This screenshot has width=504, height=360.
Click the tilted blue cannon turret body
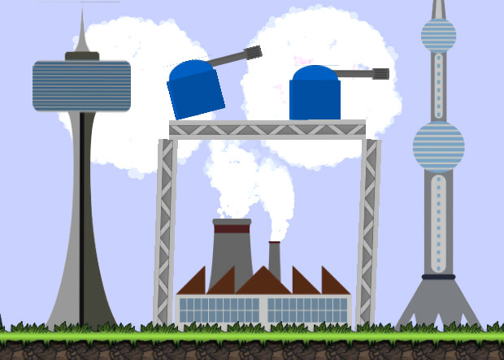tap(195, 91)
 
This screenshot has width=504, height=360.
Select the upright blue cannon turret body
tap(315, 96)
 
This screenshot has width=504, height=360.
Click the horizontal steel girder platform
tap(267, 129)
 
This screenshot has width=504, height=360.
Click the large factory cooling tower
tap(232, 256)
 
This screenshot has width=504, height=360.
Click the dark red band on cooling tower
tap(232, 228)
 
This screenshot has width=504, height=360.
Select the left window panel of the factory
tap(219, 310)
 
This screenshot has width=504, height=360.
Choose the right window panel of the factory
tap(307, 310)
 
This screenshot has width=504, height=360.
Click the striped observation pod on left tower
tap(81, 85)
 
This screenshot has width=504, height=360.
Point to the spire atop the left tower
tap(81, 33)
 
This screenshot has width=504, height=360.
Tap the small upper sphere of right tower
tap(438, 35)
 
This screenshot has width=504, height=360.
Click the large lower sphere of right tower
tap(438, 146)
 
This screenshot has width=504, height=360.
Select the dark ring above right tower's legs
tap(438, 277)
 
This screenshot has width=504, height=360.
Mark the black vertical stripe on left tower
tap(81, 228)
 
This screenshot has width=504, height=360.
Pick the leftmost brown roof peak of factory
tap(193, 282)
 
